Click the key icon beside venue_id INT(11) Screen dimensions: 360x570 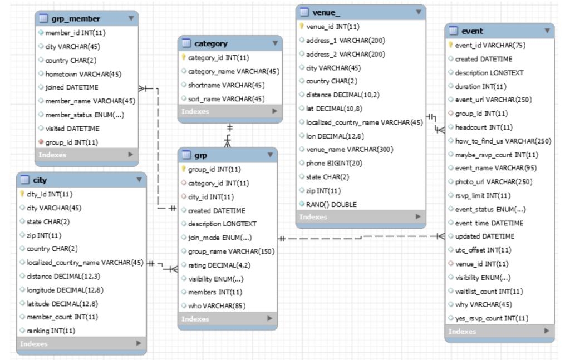[302, 26]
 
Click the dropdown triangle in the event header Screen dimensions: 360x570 [547, 31]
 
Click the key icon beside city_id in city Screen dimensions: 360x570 [22, 194]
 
